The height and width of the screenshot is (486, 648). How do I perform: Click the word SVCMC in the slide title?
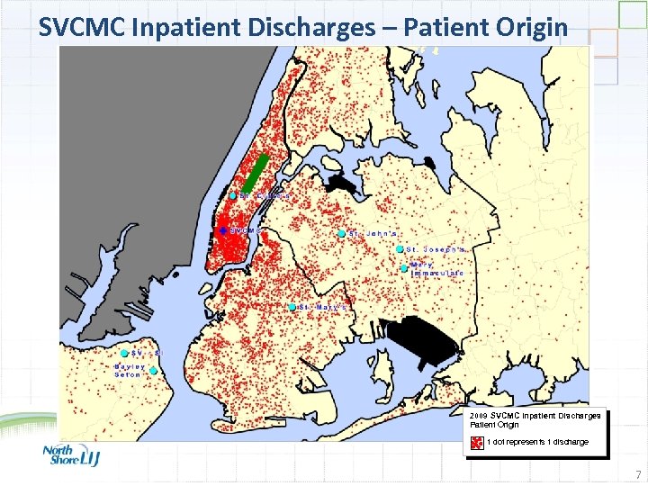pyautogui.click(x=83, y=27)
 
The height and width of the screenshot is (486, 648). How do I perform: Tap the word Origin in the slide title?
pyautogui.click(x=531, y=27)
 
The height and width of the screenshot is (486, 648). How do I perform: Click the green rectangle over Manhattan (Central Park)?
pyautogui.click(x=257, y=173)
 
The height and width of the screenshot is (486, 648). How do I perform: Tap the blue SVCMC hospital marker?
pyautogui.click(x=224, y=230)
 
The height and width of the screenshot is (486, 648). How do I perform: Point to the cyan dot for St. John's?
pyautogui.click(x=342, y=234)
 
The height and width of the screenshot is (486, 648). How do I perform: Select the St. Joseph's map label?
pyautogui.click(x=436, y=249)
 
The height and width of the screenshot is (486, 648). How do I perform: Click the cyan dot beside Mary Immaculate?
pyautogui.click(x=404, y=267)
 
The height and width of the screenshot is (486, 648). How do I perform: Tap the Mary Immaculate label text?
pyautogui.click(x=437, y=268)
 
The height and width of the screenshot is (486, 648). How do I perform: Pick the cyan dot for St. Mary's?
pyautogui.click(x=293, y=307)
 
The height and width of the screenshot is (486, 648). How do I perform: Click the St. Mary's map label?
pyautogui.click(x=324, y=307)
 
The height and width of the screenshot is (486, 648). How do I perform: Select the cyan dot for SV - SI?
pyautogui.click(x=125, y=354)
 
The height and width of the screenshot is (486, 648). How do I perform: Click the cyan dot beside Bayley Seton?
pyautogui.click(x=154, y=370)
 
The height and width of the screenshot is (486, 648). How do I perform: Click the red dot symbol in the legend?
pyautogui.click(x=477, y=442)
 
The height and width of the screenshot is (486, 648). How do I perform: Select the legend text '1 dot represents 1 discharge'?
pyautogui.click(x=537, y=442)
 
